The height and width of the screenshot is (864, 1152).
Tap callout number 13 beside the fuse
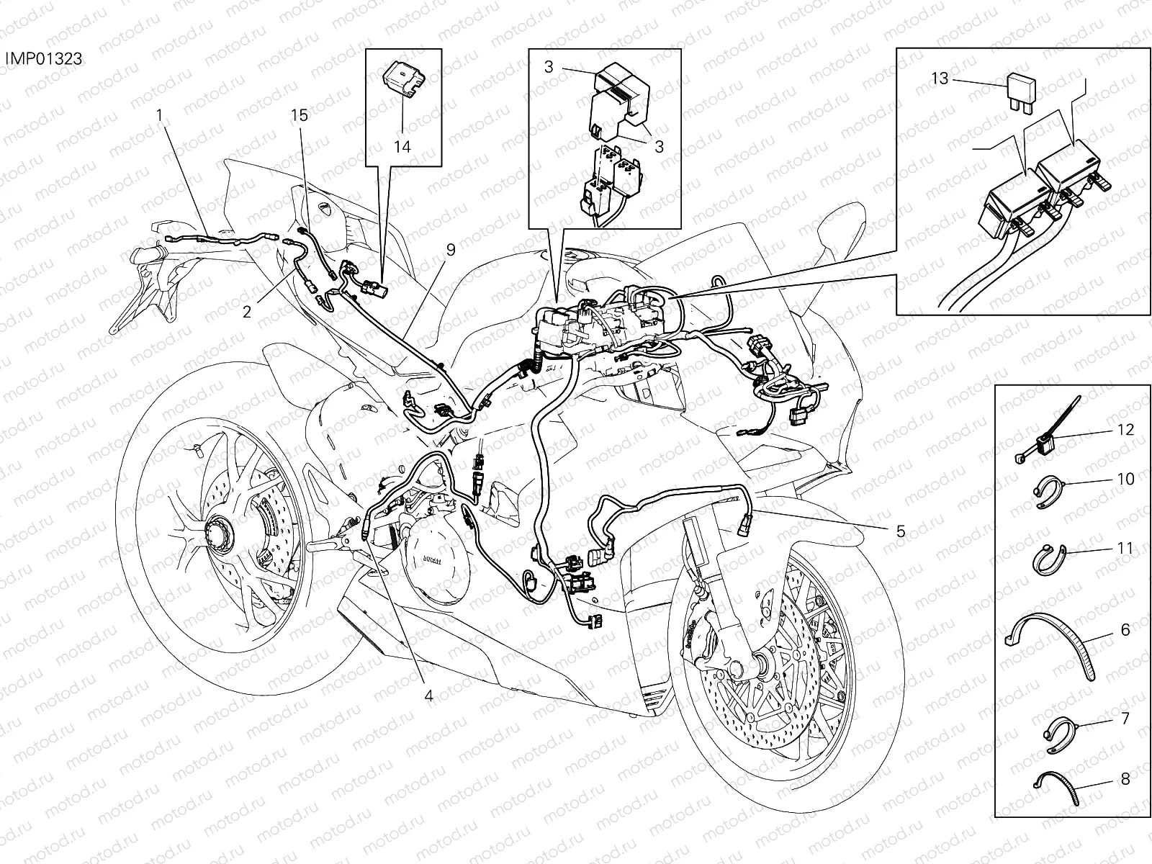point(940,78)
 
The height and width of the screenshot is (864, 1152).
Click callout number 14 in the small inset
point(402,146)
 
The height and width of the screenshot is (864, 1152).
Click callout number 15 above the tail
point(300,114)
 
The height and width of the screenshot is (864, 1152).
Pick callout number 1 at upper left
point(159,115)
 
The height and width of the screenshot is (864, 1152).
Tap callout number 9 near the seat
point(451,250)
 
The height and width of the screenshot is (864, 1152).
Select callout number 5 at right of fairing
point(900,531)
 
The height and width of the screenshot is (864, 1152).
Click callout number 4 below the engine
point(429,696)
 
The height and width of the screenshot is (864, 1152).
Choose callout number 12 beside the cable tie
point(1125,430)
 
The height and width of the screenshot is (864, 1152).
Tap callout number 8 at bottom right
point(1125,778)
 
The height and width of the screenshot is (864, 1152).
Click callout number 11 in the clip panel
point(1125,549)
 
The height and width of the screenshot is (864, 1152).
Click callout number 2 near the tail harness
point(247,312)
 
